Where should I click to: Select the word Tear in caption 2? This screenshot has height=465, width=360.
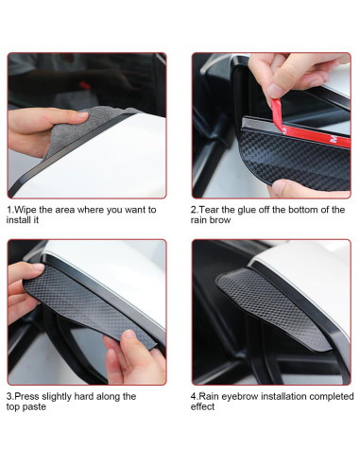point(210,209)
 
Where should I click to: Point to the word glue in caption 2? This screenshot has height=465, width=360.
point(249,209)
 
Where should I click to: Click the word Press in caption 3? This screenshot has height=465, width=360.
point(27,396)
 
